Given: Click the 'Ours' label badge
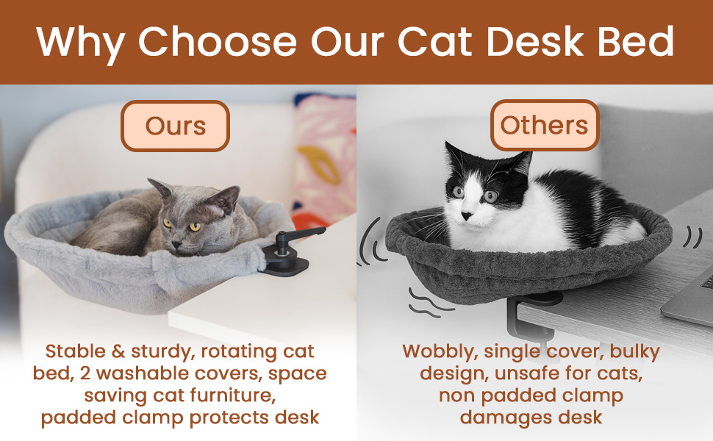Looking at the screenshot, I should coord(175,126).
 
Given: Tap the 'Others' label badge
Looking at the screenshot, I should coord(545,125).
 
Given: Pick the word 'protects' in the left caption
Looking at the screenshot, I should coord(234,417).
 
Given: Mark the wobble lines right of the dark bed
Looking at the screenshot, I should coord(691,237).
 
